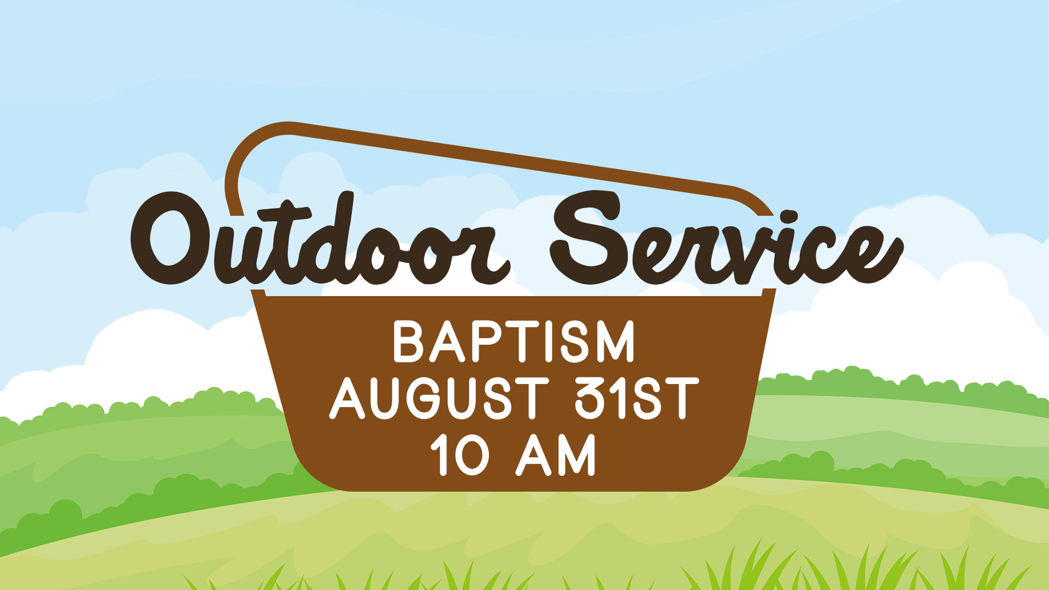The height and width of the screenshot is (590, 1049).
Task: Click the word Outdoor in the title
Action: (321, 239)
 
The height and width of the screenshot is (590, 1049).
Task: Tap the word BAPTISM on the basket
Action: (514, 341)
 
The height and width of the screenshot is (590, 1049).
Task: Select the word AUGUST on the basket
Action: (439, 398)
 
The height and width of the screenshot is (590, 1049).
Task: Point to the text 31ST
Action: (637, 398)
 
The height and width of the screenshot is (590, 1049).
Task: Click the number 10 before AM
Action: (460, 455)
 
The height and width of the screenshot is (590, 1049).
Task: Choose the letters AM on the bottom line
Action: (556, 455)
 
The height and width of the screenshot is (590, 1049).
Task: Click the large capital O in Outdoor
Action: (170, 238)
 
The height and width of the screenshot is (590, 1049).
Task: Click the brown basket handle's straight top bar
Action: (511, 160)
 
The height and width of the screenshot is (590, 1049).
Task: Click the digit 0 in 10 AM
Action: (472, 455)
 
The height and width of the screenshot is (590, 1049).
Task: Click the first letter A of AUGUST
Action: (347, 398)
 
